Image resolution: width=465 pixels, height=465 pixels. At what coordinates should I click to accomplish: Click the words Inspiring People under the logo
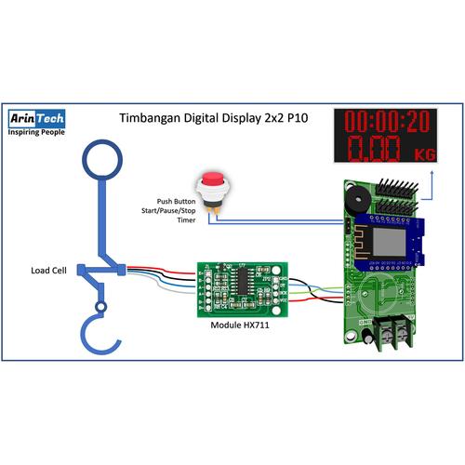click(36, 133)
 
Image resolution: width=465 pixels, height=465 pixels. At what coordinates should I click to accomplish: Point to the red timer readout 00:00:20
click(390, 121)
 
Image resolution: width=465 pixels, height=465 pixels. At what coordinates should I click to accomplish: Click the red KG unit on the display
click(423, 153)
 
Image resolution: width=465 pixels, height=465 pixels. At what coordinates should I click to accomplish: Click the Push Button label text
click(178, 201)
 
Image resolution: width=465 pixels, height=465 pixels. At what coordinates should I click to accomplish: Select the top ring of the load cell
click(100, 159)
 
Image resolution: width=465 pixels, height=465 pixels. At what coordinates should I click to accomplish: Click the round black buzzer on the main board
click(353, 199)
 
